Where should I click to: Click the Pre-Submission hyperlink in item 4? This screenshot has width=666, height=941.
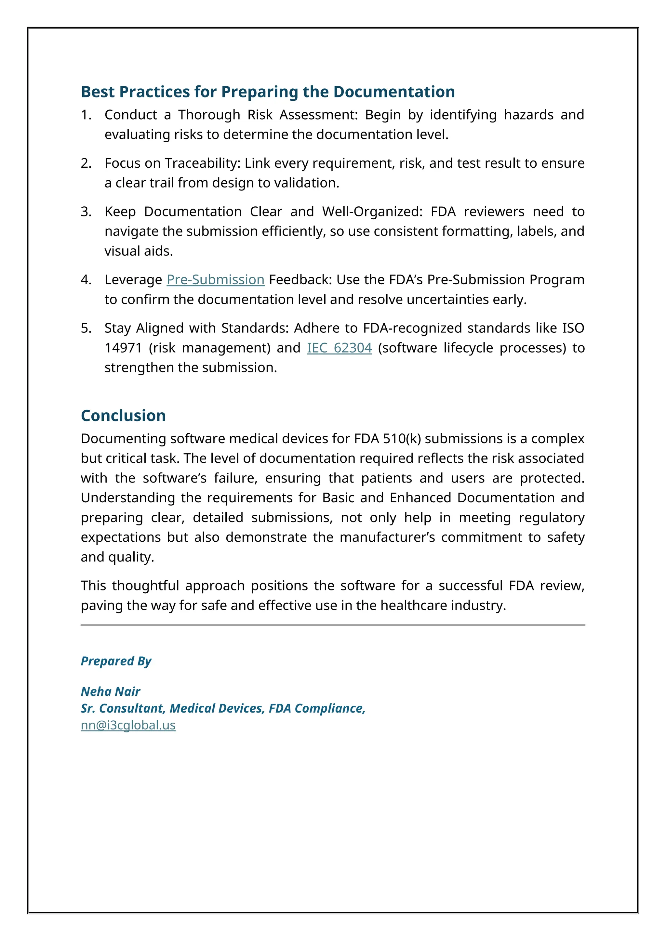click(x=215, y=280)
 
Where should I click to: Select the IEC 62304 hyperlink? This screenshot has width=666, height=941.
click(x=339, y=348)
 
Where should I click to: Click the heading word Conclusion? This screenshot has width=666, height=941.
click(x=123, y=416)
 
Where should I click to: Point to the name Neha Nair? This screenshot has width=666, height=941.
click(x=110, y=691)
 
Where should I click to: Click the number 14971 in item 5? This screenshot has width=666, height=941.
click(x=123, y=348)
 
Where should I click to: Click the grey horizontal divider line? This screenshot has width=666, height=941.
click(x=333, y=625)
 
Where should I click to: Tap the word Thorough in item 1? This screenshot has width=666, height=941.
click(x=209, y=115)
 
